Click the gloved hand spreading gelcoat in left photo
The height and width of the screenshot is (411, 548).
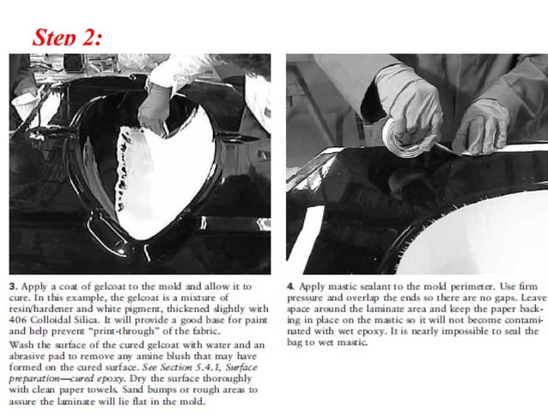(x=155, y=107)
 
